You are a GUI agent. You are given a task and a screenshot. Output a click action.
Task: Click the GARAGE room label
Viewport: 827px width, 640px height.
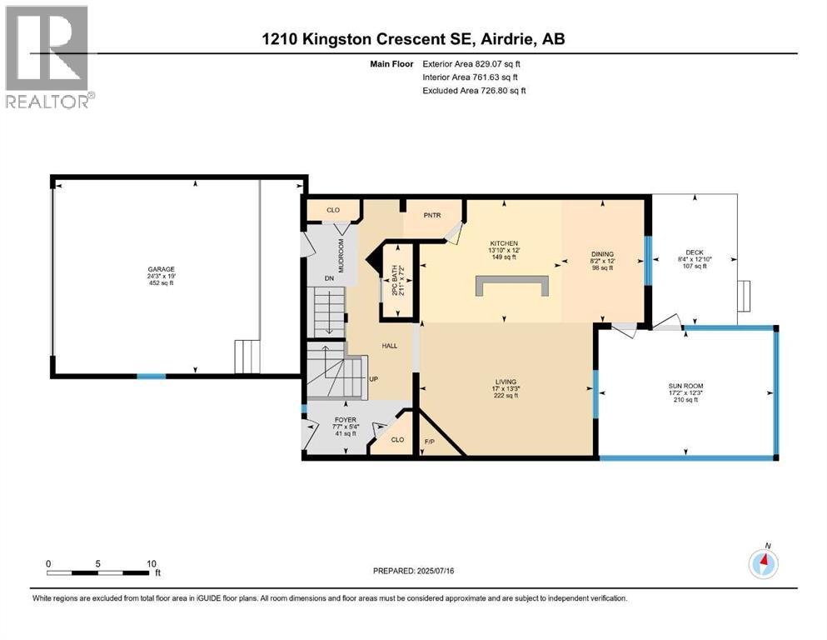point(162,269)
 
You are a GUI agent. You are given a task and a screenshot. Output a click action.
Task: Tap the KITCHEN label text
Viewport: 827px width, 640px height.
point(502,242)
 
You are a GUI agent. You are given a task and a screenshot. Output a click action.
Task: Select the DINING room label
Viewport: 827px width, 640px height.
point(602,254)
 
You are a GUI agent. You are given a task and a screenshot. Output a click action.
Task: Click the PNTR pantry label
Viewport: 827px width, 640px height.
point(432,216)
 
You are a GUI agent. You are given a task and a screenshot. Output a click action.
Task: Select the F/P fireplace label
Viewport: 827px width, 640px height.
point(430,440)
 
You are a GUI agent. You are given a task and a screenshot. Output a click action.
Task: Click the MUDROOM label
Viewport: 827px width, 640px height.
point(341,250)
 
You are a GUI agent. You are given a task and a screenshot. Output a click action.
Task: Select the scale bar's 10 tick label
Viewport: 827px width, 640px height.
point(151,563)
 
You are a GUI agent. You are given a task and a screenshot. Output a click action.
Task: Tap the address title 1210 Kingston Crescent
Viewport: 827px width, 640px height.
point(413,39)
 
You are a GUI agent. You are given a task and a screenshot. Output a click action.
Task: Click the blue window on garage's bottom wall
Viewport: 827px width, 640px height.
point(151,377)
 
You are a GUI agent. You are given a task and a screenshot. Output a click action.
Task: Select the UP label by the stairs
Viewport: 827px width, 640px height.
point(373,379)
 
